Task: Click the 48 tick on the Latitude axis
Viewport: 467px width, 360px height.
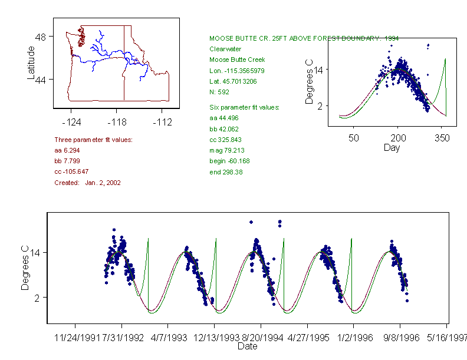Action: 42,37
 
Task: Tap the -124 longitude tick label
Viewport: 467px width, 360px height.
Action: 71,123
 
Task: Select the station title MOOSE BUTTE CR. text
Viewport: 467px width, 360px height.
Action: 304,38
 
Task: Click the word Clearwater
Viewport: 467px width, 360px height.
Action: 225,49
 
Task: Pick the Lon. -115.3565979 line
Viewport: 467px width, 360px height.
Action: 236,70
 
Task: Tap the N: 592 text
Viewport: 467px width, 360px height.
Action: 219,92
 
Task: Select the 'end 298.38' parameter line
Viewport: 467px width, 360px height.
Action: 226,172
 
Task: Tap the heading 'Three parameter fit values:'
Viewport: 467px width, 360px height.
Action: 93,140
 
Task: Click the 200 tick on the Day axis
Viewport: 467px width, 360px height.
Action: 398,138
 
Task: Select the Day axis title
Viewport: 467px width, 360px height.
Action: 392,148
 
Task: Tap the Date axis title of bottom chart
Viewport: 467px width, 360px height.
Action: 247,346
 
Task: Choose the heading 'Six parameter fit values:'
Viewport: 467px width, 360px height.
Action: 245,107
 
